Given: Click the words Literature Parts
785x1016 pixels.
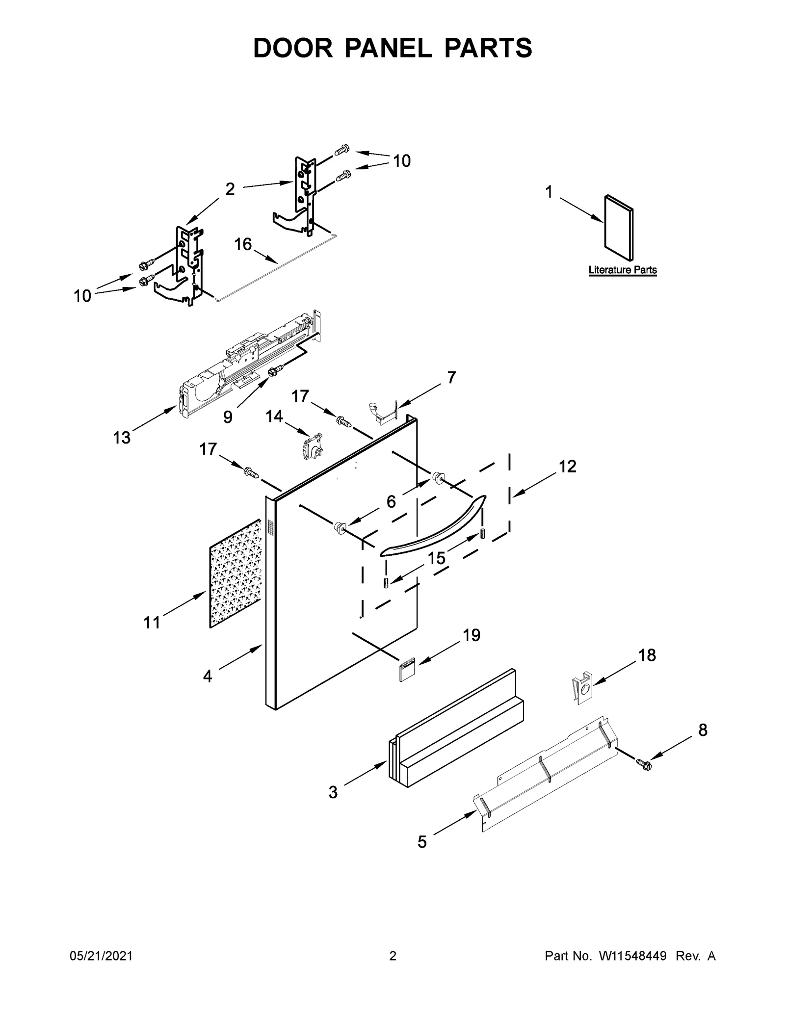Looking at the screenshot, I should coord(622,270).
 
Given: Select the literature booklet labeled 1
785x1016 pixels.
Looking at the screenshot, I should coord(618,227).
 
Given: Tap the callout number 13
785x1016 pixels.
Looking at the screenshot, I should coord(122,437).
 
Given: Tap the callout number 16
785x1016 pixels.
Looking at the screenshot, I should coord(243,244).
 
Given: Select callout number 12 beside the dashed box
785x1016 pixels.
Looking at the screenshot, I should coord(567,466).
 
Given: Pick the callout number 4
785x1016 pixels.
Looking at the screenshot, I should coord(208,677).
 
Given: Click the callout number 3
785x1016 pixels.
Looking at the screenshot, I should coord(333,792).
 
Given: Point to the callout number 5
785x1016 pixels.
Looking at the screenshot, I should coord(422,842).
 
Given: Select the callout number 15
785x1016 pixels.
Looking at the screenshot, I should coord(436,558).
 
